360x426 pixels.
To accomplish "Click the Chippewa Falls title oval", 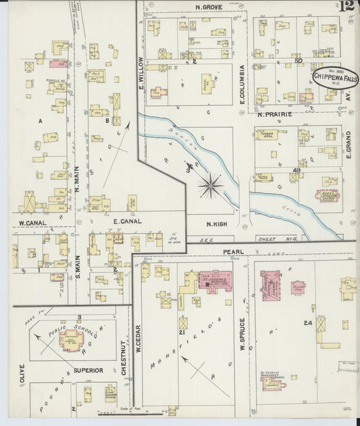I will coord(336,78).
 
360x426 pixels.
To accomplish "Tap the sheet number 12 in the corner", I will coord(347,7).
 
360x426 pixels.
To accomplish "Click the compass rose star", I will coord(211,184).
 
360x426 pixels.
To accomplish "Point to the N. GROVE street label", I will coord(209,7).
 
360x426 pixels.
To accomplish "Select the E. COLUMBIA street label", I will coord(241,84).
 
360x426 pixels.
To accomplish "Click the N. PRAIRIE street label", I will coord(273,114).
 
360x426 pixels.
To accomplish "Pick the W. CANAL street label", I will coord(31,222).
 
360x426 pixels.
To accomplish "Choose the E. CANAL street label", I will coord(126,221).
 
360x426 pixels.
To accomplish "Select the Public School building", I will coord(71,341).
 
